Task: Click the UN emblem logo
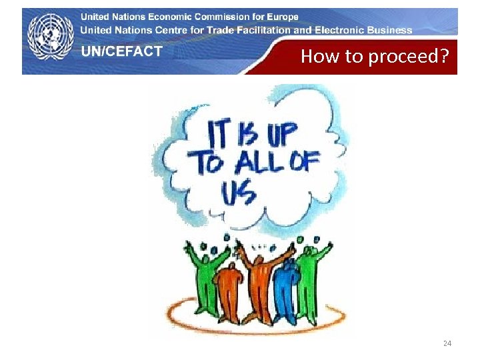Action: click(x=50, y=39)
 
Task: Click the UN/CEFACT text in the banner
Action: click(x=121, y=51)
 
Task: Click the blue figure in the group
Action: click(x=287, y=287)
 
